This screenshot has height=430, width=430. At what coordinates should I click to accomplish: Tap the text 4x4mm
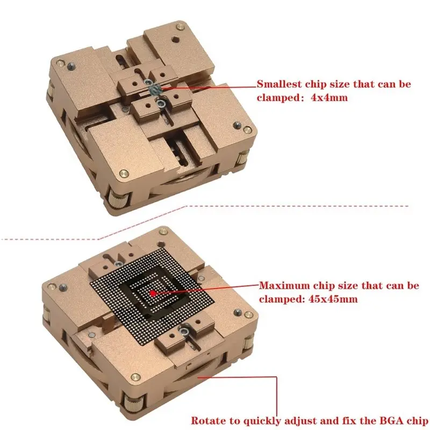(329, 97)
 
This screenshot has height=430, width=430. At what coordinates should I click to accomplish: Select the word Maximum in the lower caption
(284, 285)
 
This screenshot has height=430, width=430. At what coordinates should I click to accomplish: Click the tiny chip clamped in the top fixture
(155, 89)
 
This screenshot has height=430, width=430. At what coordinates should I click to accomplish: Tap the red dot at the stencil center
(153, 293)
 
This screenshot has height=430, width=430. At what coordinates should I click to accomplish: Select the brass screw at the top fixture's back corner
(180, 26)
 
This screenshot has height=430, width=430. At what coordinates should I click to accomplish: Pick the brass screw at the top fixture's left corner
(60, 63)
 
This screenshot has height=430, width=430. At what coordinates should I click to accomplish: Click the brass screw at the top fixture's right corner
(247, 129)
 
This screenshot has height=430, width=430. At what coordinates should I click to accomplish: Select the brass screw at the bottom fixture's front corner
(135, 377)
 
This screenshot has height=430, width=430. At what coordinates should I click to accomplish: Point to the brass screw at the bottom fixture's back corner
(163, 232)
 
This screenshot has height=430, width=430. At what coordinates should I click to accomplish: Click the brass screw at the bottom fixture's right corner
(248, 314)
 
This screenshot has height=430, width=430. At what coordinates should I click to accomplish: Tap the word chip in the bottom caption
(417, 421)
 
